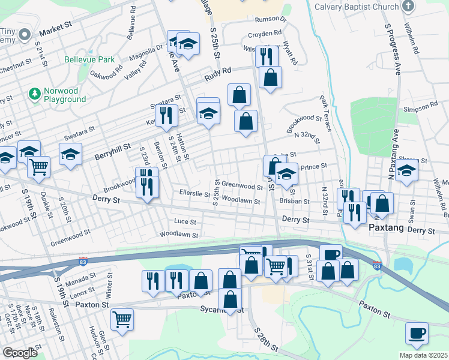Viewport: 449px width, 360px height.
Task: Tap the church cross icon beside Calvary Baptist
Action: pos(408,7)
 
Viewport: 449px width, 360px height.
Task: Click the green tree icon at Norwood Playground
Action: pos(34,94)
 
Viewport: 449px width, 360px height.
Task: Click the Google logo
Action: pos(20,353)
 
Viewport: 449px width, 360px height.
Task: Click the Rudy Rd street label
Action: pos(217,74)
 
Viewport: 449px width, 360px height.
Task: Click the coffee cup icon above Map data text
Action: pos(417,332)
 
